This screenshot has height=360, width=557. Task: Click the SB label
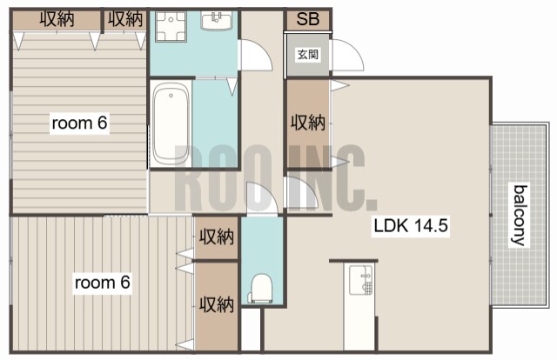click(307, 19)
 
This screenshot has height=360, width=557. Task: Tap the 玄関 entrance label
click(307, 55)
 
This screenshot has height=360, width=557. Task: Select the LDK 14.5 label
click(411, 226)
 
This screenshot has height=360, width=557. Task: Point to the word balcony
click(519, 215)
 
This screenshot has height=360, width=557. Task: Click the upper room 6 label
click(79, 123)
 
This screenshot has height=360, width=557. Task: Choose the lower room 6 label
click(103, 283)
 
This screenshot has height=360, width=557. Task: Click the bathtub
click(171, 123)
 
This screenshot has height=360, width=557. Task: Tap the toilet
click(262, 288)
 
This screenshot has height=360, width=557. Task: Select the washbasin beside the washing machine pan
click(217, 21)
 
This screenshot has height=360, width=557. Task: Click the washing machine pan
click(171, 27)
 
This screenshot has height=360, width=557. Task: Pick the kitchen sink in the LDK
click(360, 281)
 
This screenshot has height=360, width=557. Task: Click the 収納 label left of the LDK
click(308, 123)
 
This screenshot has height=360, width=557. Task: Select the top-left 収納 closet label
click(57, 19)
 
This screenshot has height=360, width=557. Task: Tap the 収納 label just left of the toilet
click(217, 237)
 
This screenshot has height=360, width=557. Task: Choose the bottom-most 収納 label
click(217, 304)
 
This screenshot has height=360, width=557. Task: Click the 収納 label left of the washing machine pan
click(125, 19)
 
